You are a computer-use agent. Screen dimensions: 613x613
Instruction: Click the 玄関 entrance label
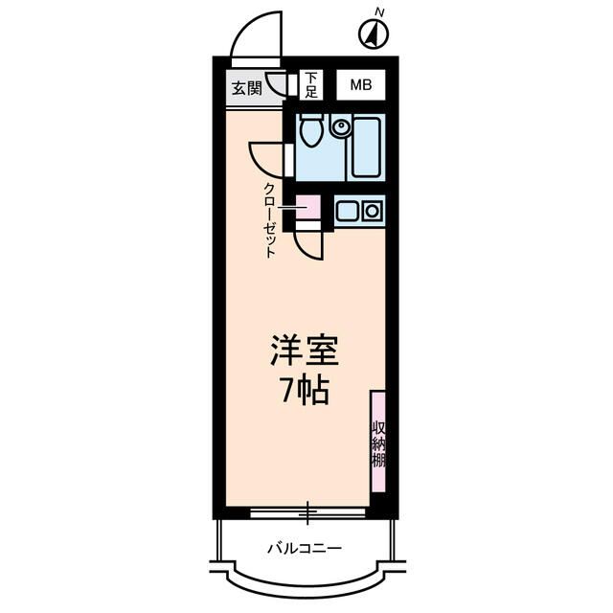tap(246, 88)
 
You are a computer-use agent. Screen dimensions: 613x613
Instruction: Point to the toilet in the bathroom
tap(311, 130)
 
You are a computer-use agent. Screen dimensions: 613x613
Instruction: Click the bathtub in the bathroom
tap(367, 146)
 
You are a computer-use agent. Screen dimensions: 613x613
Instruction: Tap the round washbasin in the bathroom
tap(339, 125)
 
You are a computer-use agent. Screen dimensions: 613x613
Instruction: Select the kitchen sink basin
tap(346, 211)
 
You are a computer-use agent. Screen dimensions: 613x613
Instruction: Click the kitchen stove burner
tap(372, 211)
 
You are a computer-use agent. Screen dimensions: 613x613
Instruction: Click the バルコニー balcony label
tap(304, 548)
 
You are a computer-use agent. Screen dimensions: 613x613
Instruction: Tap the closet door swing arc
tap(307, 246)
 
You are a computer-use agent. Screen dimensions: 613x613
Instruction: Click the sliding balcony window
tap(307, 512)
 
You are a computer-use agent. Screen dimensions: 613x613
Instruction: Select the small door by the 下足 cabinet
tap(279, 84)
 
